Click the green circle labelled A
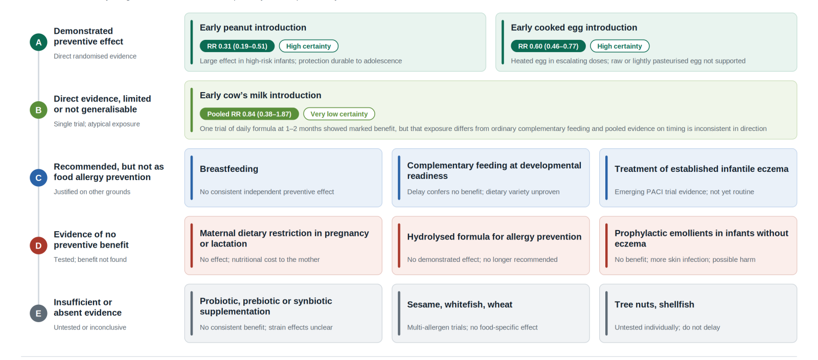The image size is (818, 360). click(38, 42)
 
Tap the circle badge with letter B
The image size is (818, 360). click(38, 110)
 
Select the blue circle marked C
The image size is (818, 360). click(38, 178)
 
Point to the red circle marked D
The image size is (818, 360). click(38, 245)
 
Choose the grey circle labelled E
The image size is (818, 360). click(38, 313)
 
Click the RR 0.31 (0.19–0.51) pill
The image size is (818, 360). click(237, 46)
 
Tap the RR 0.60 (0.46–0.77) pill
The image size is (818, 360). click(548, 46)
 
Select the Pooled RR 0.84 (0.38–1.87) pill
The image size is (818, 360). click(249, 114)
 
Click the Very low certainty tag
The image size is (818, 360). click(339, 114)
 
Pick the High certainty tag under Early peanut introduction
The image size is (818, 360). click(309, 46)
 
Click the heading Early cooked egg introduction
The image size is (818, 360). click(574, 28)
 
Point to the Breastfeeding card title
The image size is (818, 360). click(229, 169)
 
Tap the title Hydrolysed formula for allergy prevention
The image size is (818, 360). click(494, 237)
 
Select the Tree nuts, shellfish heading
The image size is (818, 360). click(654, 304)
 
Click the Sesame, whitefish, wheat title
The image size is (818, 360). click(460, 304)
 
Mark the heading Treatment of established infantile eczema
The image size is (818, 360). click(701, 169)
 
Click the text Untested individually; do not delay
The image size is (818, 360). click(667, 327)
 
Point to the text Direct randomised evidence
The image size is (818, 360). click(95, 56)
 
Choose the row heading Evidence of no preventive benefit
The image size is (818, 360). click(91, 239)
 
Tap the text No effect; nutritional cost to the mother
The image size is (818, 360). click(260, 260)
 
